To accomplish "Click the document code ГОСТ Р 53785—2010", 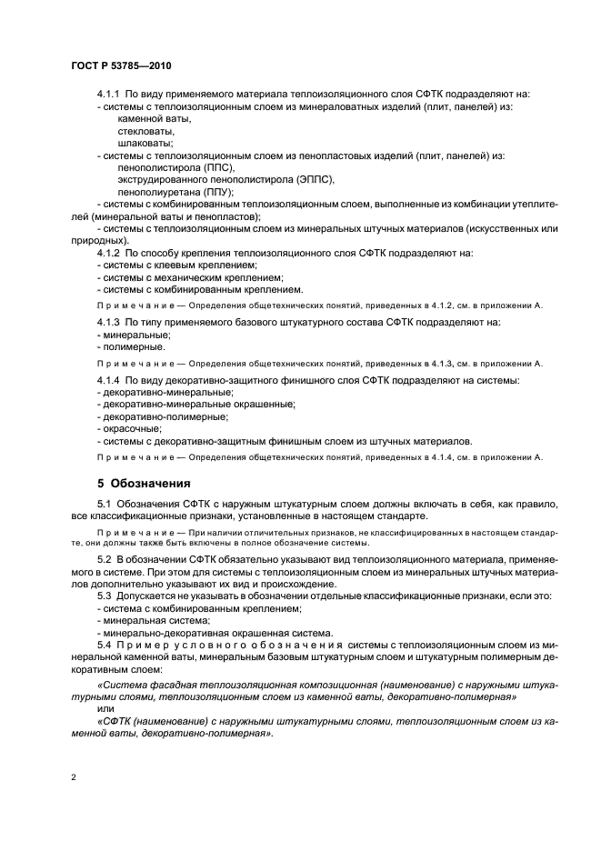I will (120, 66).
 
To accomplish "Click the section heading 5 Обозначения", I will (144, 483).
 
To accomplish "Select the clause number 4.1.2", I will (108, 252).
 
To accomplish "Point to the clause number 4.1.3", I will (108, 323).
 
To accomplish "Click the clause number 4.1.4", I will (108, 379).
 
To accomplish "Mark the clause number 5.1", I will (105, 503).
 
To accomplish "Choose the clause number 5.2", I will (105, 557).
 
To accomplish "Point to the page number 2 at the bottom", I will (73, 779).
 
